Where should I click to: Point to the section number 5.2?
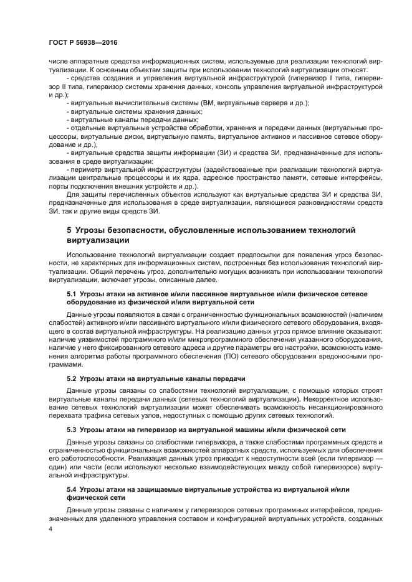pos(71,378)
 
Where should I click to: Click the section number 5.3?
pos(71,430)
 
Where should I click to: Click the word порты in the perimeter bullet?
pos(58,186)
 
